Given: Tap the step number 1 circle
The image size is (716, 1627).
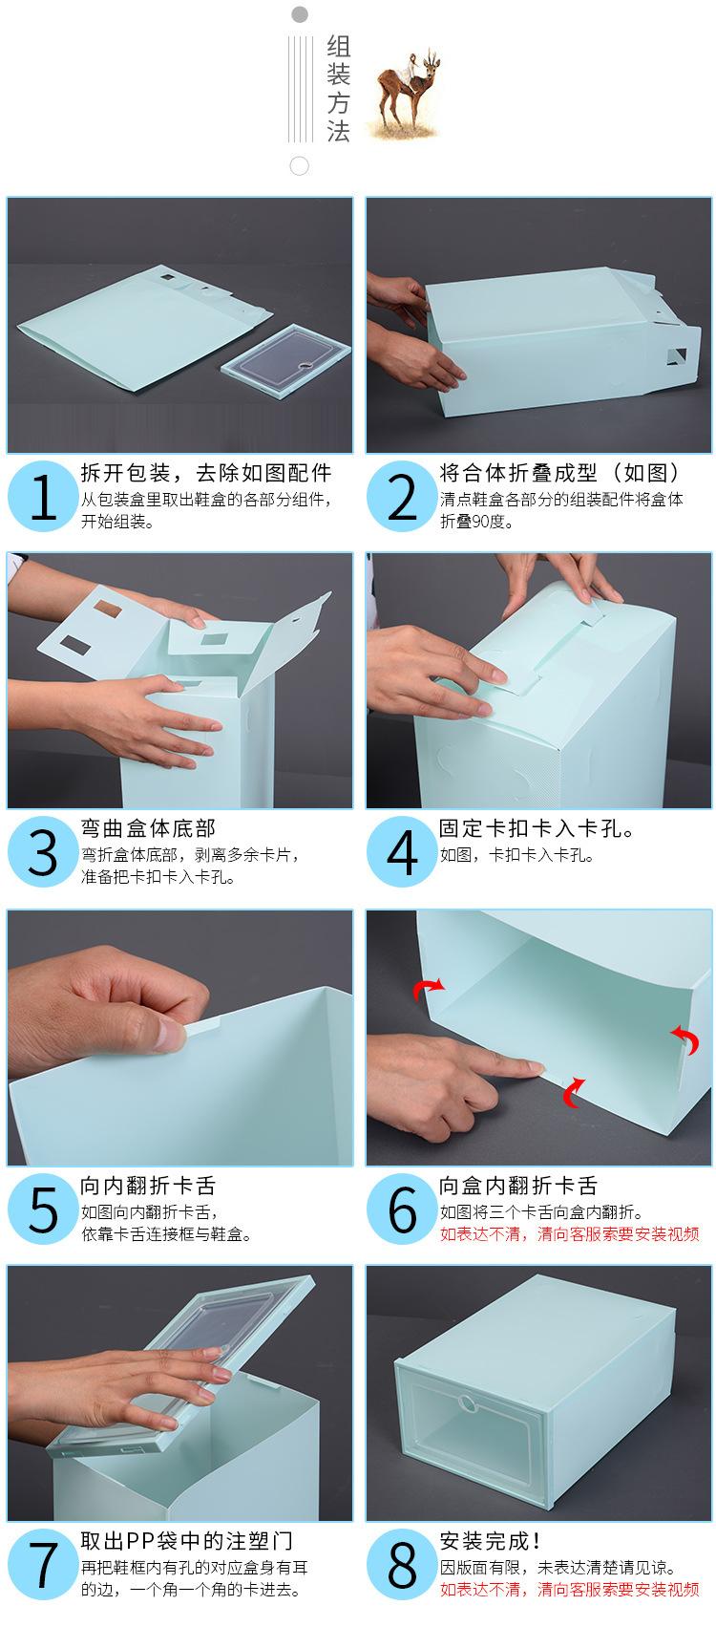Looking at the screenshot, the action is click(42, 497).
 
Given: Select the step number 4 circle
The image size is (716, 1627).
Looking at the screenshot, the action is click(402, 851).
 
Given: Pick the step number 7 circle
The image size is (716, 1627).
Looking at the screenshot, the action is click(42, 1564).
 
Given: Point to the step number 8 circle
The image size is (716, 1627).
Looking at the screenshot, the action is click(402, 1564).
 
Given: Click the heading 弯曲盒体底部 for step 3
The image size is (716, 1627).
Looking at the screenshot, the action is click(148, 828).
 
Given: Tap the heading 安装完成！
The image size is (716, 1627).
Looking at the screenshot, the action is click(490, 1541).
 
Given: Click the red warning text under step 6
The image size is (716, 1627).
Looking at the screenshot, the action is click(569, 1234).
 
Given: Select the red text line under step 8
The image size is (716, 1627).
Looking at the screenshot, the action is click(569, 1590).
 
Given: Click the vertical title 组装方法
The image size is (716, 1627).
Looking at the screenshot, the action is click(338, 89).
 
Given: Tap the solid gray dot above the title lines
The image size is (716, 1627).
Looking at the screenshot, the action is click(299, 14).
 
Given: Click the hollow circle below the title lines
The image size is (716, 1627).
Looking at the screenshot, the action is click(299, 166).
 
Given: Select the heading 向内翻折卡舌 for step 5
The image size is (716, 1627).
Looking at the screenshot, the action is click(148, 1186).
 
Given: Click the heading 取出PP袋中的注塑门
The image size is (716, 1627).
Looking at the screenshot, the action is click(186, 1541).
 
